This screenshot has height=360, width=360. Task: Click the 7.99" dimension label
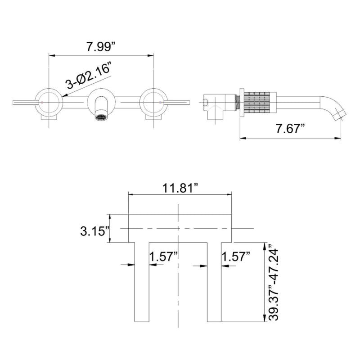(x=101, y=46)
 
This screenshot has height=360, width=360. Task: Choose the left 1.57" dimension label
(x=164, y=257)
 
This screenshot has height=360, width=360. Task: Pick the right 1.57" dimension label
(x=236, y=257)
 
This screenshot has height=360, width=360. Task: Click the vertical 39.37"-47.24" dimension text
(x=273, y=283)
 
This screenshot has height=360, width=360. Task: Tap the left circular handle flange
(x=49, y=103)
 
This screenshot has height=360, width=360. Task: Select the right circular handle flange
(x=154, y=103)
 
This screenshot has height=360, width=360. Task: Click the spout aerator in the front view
(x=101, y=118)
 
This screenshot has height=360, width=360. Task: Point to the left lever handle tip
(x=14, y=103)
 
